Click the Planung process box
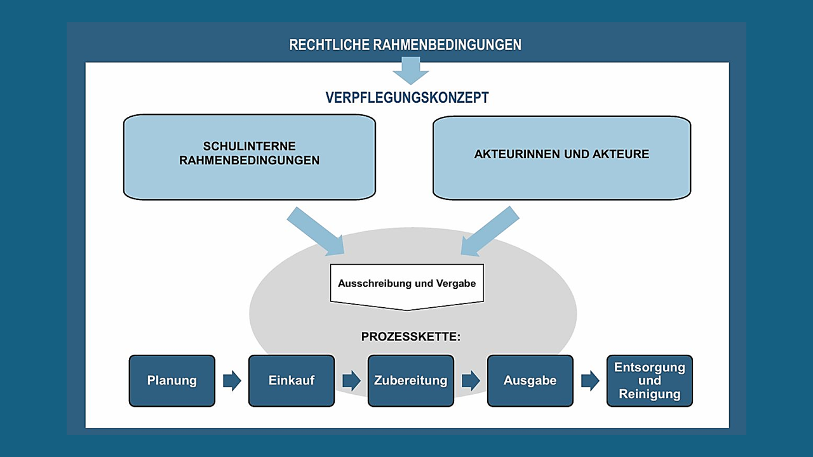[172, 380]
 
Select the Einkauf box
[292, 380]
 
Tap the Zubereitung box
[411, 380]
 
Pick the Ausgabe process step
[530, 380]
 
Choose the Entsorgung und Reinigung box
[650, 380]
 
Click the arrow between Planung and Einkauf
[232, 380]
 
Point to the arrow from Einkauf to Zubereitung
[351, 380]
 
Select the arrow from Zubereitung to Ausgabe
[471, 380]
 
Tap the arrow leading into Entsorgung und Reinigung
[590, 380]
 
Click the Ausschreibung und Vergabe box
[407, 286]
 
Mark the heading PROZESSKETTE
[411, 336]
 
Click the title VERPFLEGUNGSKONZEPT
[407, 97]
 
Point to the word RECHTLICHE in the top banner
[329, 44]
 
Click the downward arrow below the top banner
[411, 70]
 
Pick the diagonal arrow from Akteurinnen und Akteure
[490, 232]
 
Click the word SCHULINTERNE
[250, 146]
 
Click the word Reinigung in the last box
[650, 394]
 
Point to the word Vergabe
[456, 283]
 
